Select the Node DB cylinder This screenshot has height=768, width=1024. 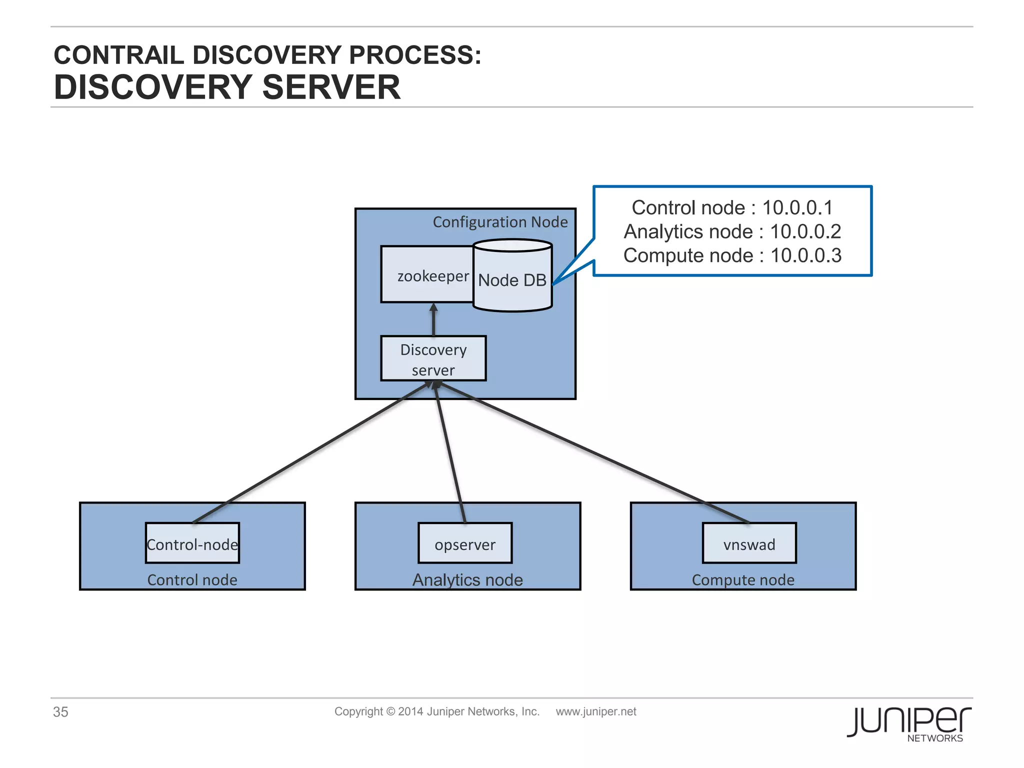(x=512, y=279)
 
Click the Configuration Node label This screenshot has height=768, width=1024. (x=500, y=222)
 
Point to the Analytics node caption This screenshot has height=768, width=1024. (x=467, y=580)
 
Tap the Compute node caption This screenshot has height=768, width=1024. (x=743, y=580)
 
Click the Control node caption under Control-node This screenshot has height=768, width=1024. (x=192, y=580)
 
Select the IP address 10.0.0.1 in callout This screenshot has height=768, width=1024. (x=797, y=207)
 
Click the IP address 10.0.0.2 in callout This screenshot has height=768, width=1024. (x=805, y=231)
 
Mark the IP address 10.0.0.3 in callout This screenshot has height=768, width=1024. (x=806, y=255)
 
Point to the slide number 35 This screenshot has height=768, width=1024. (x=60, y=712)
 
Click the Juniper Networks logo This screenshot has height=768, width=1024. (x=909, y=723)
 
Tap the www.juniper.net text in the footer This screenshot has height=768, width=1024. (x=596, y=711)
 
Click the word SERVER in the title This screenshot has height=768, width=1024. (x=331, y=87)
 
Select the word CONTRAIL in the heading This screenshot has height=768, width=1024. (x=119, y=55)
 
